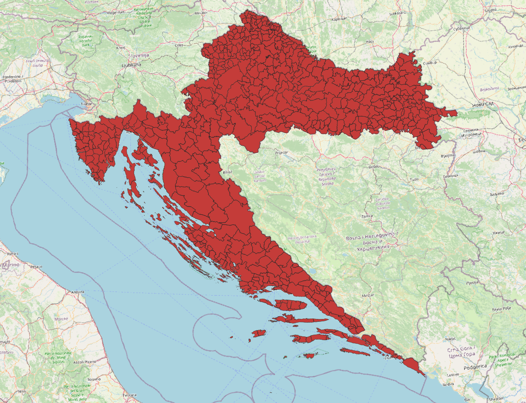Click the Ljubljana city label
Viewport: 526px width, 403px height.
(131, 65)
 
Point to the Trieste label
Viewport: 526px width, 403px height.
(85, 104)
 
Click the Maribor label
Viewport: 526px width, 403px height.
(201, 13)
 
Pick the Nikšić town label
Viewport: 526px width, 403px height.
(450, 339)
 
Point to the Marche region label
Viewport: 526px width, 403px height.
(61, 319)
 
